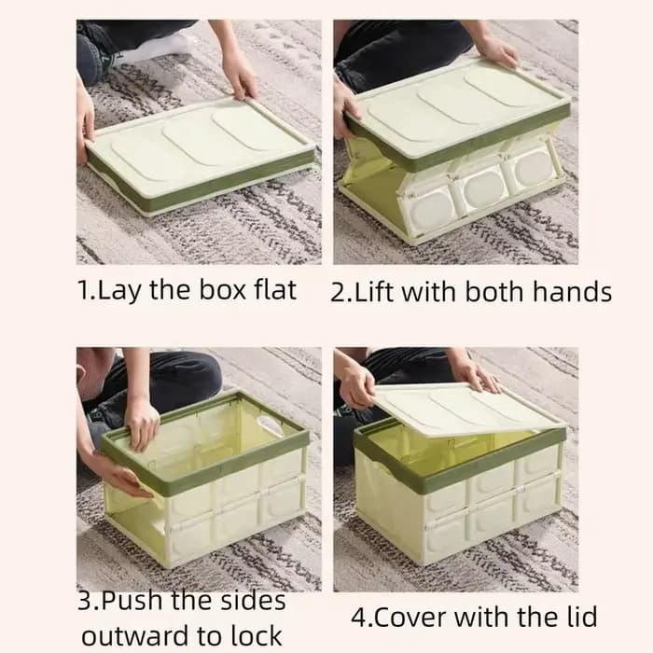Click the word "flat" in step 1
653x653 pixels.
(275, 289)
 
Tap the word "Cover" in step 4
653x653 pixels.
(411, 618)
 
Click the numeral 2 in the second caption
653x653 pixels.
(337, 292)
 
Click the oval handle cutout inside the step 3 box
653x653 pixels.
(269, 424)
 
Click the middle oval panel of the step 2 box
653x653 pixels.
(484, 189)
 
